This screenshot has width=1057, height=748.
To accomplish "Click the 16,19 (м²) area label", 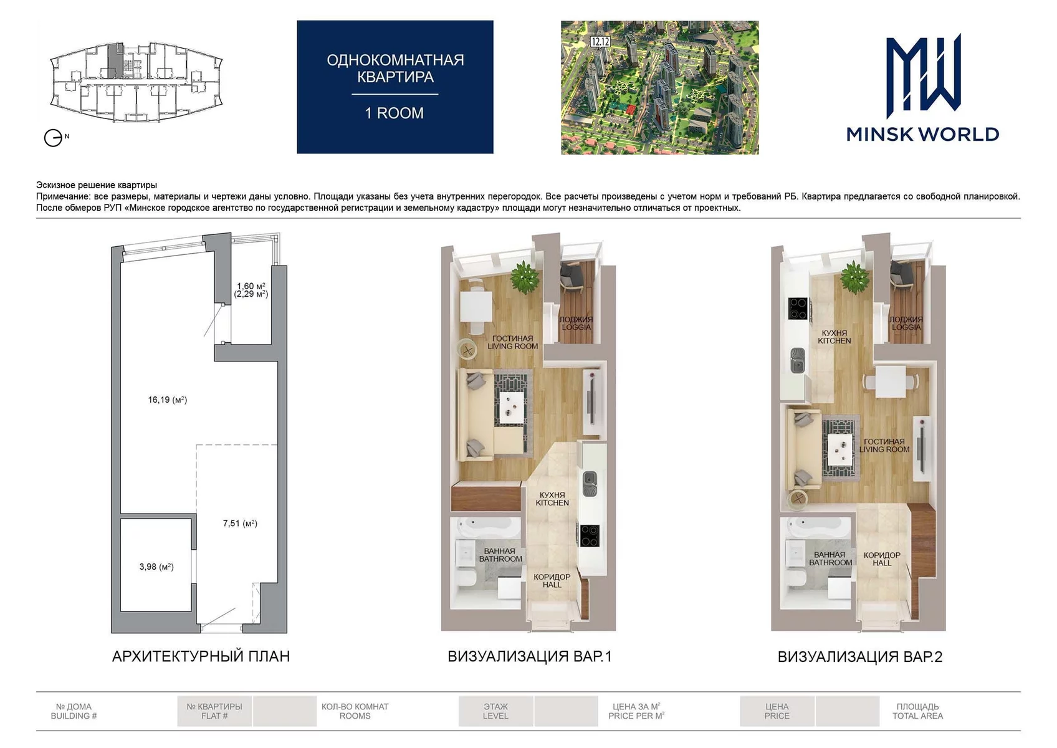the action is [168, 400].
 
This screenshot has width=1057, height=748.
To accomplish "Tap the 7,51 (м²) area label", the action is [240, 523].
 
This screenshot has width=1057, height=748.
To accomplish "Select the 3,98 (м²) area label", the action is [156, 567].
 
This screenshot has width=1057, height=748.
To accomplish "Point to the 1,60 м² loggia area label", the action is [251, 286].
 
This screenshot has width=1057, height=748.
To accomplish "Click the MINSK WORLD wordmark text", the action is [922, 134].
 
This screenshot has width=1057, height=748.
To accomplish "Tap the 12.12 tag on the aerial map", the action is [600, 42].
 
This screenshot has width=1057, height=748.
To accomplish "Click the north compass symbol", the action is [54, 138].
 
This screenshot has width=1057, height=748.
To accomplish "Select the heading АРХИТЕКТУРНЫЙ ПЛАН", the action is [201, 656].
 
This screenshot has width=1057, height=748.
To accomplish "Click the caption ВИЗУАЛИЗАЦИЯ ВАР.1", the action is [530, 656].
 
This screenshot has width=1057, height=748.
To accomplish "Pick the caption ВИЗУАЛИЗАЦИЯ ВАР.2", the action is [860, 656].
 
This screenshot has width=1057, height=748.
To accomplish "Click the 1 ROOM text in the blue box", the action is [395, 113].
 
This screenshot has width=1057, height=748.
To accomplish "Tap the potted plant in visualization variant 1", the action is [525, 277].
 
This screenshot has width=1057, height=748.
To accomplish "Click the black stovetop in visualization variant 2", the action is [798, 309].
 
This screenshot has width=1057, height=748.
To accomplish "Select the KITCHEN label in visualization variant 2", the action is [835, 341].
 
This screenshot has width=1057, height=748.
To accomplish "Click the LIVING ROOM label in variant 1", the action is [512, 346].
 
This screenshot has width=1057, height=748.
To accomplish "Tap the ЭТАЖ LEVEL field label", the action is [495, 711].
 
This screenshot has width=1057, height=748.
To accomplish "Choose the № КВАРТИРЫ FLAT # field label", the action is [214, 711].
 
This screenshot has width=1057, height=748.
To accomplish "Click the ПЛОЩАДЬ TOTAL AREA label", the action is [918, 711].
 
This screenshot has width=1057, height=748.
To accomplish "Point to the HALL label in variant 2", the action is [882, 563].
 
